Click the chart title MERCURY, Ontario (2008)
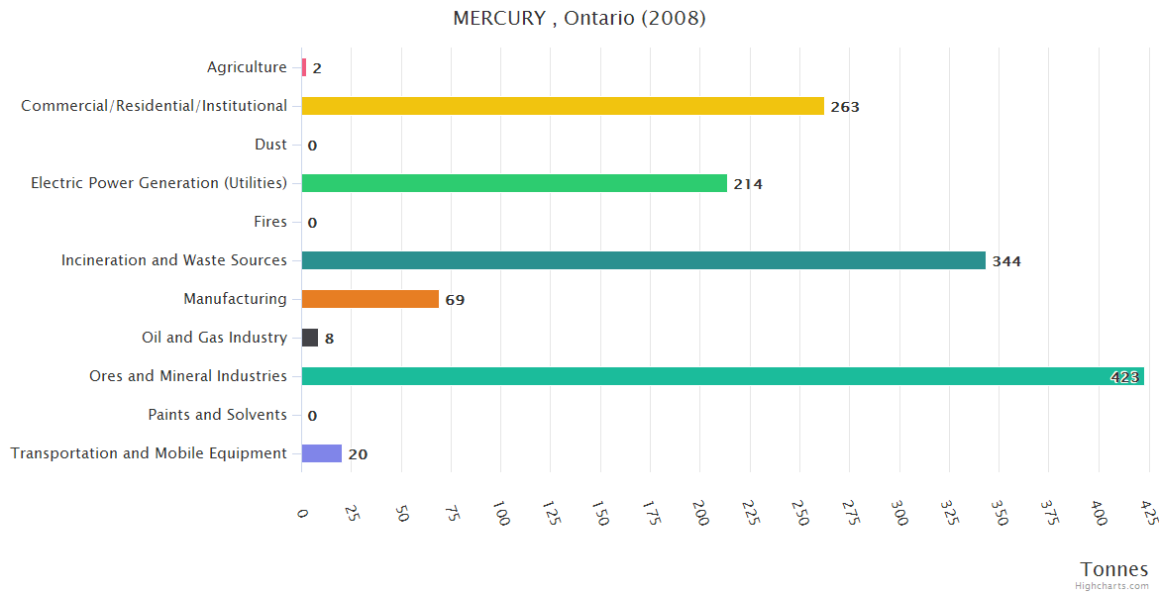coord(579,19)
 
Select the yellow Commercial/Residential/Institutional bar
coord(563,106)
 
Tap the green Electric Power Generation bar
coord(514,183)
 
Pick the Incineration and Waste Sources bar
coord(644,260)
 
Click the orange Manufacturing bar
coord(370,299)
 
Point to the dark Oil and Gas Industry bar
coord(310,338)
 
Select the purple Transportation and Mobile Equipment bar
coord(322,453)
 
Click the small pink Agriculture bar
coord(304,67)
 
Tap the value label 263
coord(845,107)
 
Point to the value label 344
coord(1006,261)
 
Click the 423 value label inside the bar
coord(1125,377)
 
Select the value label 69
coord(455,300)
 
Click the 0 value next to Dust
coord(312,146)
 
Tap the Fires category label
coord(270,222)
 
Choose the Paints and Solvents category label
coord(218,415)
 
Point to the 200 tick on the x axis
coord(699,514)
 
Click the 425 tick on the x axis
coord(1148,514)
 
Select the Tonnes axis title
coord(1114,569)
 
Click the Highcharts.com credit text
coord(1112,586)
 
